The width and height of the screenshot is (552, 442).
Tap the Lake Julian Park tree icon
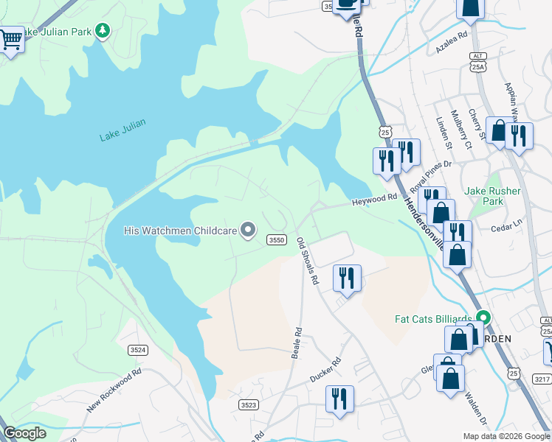coord(103,31)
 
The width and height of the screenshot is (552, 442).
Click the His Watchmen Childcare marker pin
coord(249,231)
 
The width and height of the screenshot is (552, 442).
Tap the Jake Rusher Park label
coord(493,196)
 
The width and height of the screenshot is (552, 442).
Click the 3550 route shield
coord(277,240)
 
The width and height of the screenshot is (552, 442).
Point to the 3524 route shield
coord(137,349)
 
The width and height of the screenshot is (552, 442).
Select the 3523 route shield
coord(249,404)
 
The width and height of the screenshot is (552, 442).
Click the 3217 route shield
coord(541,378)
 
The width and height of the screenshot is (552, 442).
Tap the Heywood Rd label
coord(374,200)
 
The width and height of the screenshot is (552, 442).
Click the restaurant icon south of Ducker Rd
coord(339,399)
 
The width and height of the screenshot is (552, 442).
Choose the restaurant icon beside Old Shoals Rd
coord(347,278)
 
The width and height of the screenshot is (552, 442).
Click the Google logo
coord(25,433)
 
